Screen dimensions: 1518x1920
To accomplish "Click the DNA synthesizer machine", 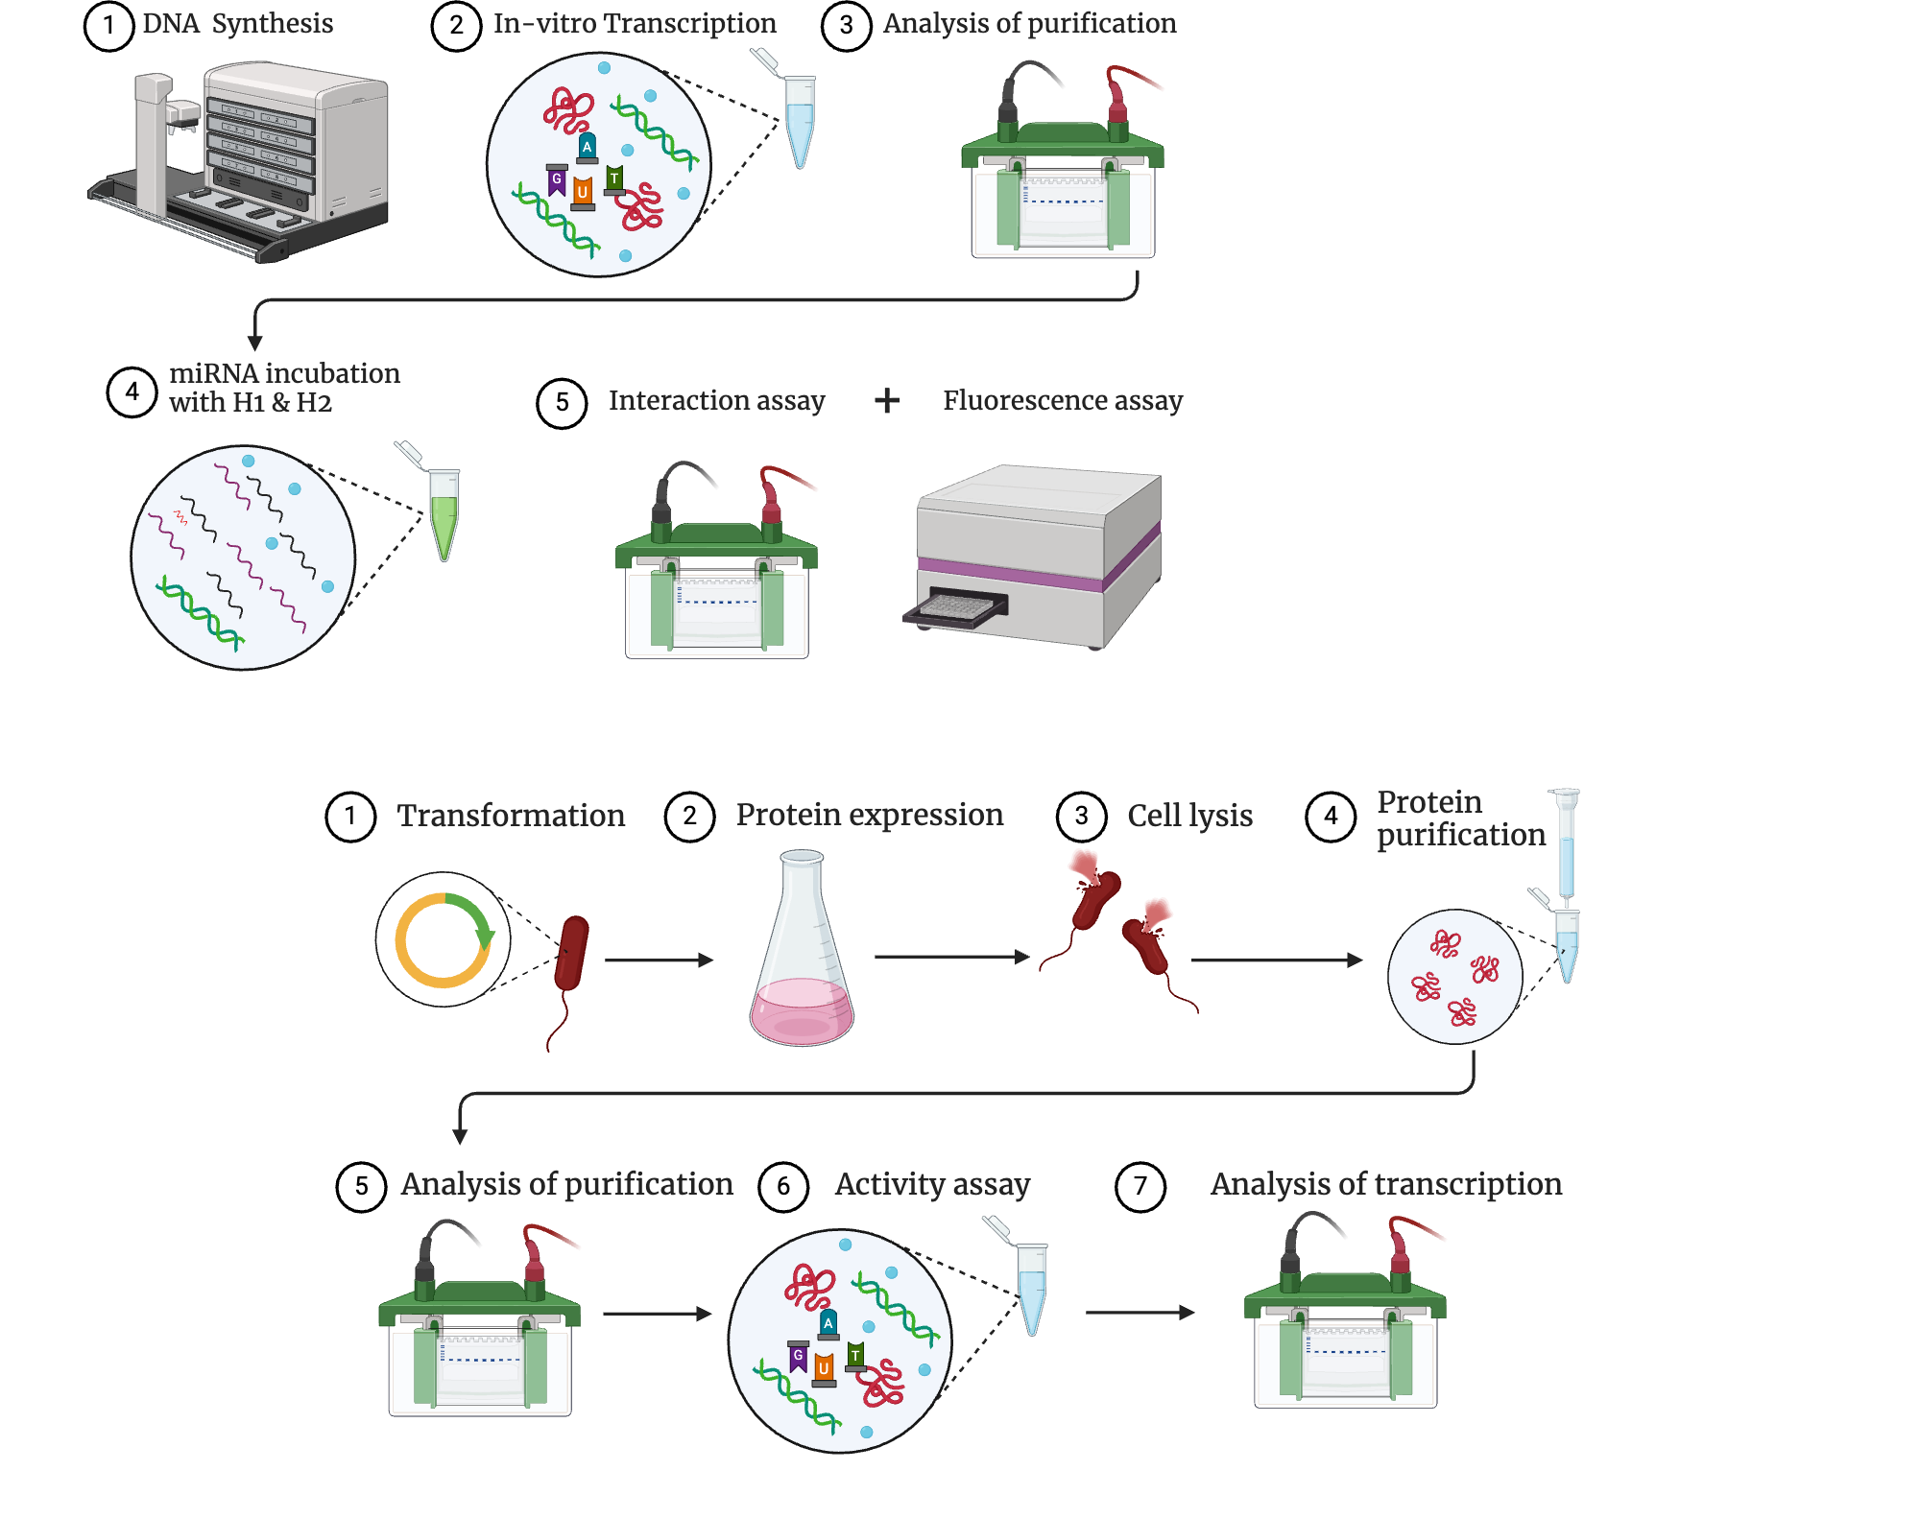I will (x=250, y=158).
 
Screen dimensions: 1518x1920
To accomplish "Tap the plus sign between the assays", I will (x=887, y=400).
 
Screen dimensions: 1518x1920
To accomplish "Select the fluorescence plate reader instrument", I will (x=1037, y=557).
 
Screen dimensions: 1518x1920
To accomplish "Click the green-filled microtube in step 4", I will (x=443, y=513).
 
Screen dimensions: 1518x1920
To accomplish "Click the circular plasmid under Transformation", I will (x=443, y=940).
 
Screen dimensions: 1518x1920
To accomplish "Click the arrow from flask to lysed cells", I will (x=950, y=957).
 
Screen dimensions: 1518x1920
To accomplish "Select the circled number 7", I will (x=1140, y=1187).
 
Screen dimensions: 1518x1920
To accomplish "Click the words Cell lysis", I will (x=1189, y=816).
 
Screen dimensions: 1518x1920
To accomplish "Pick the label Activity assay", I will (x=932, y=1185).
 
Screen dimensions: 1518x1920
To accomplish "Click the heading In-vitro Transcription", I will (x=635, y=24).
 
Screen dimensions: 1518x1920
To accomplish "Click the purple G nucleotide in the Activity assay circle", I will (x=798, y=1356).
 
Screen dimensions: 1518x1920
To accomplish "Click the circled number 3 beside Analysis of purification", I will (x=846, y=26).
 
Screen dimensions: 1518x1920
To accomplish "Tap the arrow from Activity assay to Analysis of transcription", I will (x=1140, y=1312).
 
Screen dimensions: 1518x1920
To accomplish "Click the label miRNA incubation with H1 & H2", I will (x=284, y=388).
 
